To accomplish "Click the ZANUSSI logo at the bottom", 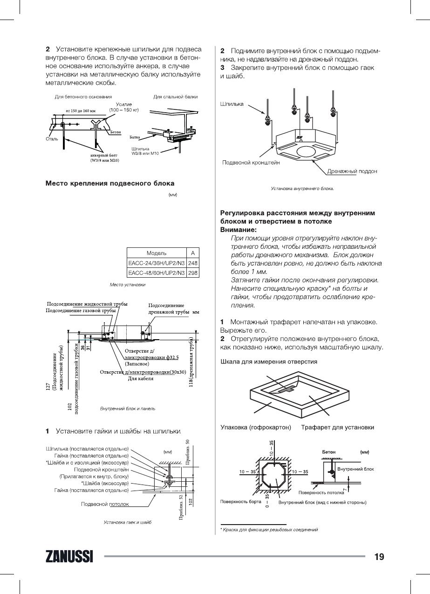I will (69, 557).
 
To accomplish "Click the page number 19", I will (379, 557).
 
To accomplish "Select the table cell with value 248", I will (193, 263).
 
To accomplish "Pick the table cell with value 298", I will (193, 273).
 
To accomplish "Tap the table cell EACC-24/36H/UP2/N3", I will (157, 263).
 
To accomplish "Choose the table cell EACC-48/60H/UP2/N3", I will (157, 273).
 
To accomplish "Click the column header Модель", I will (157, 253).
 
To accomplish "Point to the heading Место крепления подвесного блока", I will (110, 183).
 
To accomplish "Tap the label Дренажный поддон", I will (352, 171).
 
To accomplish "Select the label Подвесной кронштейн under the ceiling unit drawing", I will (251, 163).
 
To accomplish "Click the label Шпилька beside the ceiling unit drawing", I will (232, 104).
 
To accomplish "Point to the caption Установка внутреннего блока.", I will (303, 189).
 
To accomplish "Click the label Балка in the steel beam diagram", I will (135, 137).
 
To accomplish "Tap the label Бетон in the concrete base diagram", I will (116, 132).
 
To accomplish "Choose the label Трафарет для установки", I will (337, 427).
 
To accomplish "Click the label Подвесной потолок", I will (105, 504).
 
